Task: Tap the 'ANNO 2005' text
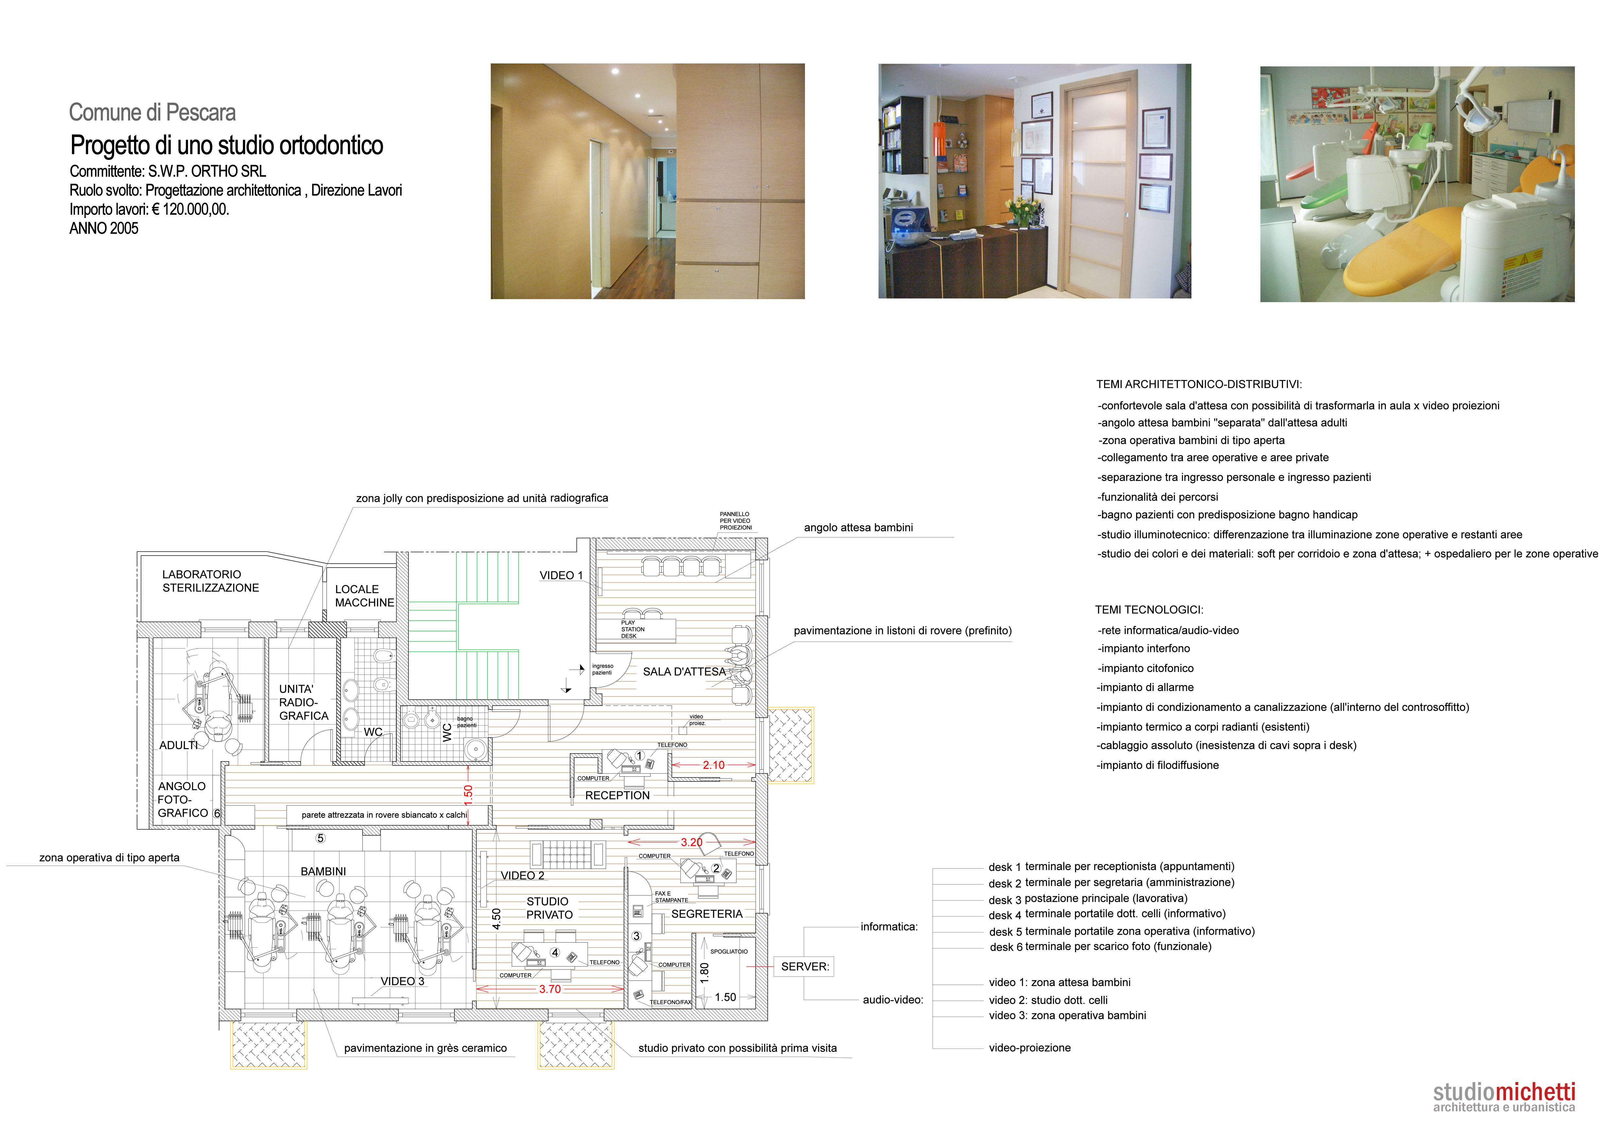(x=104, y=228)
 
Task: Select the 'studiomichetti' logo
(x=1504, y=1097)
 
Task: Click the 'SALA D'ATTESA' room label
(x=684, y=672)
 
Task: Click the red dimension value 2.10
(x=713, y=765)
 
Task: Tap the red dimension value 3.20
(x=691, y=842)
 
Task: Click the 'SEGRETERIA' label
(x=707, y=914)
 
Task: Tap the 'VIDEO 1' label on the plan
(x=561, y=575)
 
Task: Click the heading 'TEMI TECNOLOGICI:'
(x=1149, y=609)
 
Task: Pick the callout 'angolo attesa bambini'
(x=858, y=528)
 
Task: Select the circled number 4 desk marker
(x=555, y=953)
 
